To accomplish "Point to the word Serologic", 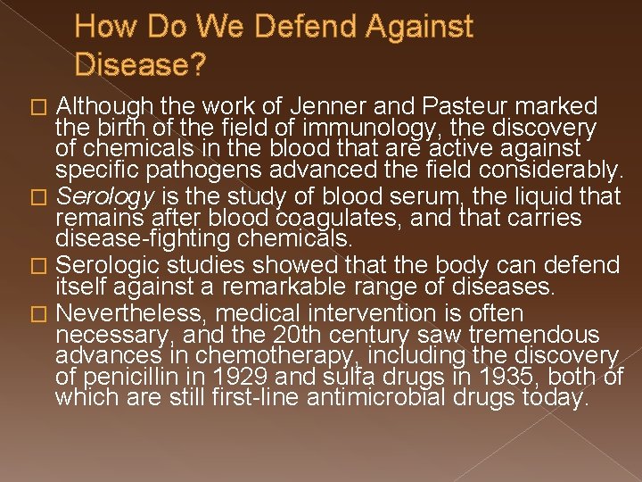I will point(108,266).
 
